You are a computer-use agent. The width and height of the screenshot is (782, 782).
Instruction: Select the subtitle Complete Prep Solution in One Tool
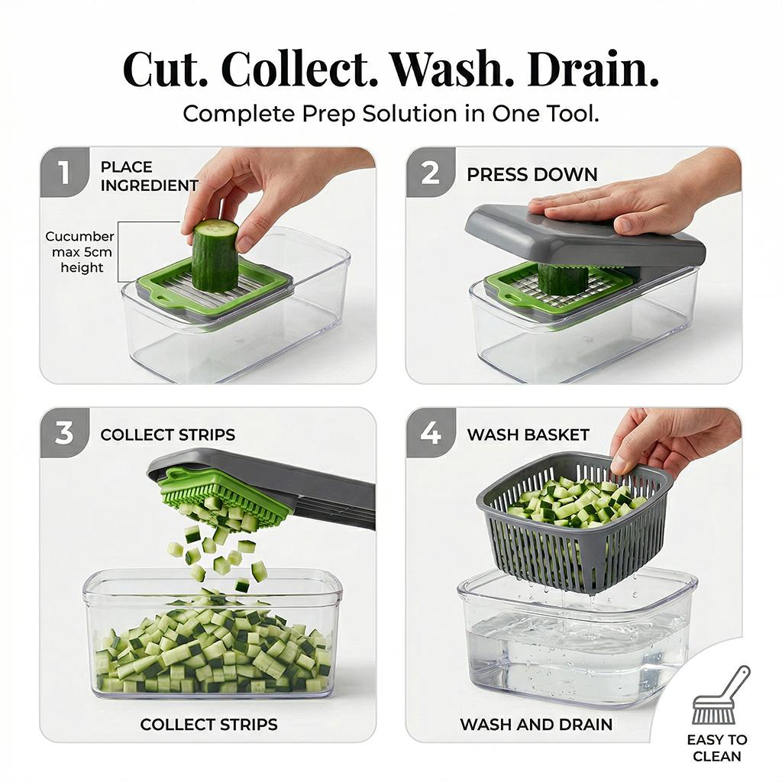[x=390, y=114]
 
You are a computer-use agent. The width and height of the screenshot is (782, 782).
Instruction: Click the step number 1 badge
[x=63, y=173]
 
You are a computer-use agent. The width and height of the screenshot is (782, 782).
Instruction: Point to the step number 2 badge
[x=430, y=173]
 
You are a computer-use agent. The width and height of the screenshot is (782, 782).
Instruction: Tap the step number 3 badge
[x=63, y=434]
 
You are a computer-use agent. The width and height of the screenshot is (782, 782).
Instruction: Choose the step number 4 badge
[x=430, y=434]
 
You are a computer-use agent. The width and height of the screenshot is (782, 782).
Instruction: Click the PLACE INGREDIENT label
[x=149, y=176]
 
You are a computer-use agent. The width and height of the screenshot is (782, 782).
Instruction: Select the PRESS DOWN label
[x=532, y=175]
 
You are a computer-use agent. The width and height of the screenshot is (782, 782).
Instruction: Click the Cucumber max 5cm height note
[x=81, y=252]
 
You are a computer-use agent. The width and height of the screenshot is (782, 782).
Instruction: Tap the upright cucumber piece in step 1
[x=215, y=256]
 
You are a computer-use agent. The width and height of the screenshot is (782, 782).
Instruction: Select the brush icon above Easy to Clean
[x=720, y=696]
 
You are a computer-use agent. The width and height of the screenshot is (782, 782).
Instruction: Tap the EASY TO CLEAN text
[x=716, y=748]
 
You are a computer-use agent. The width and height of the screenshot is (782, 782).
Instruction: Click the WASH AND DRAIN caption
[x=535, y=724]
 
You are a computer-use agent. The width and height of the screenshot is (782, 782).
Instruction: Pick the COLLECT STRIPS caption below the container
[x=208, y=724]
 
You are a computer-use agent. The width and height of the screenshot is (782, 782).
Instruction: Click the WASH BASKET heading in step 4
[x=528, y=435]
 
